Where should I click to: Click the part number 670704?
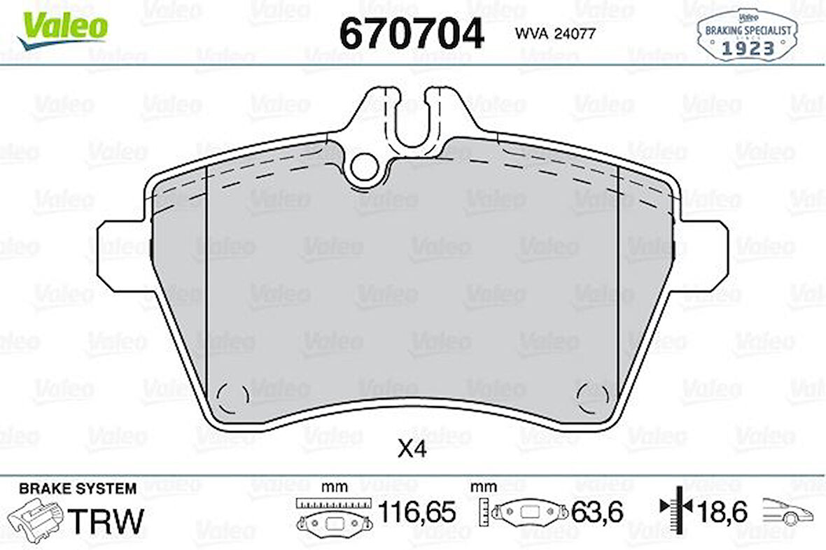[411, 33]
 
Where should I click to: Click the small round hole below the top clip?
[364, 167]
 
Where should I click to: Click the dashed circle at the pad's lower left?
[232, 397]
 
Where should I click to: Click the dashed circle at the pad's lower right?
[592, 397]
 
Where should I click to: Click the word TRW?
[108, 521]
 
